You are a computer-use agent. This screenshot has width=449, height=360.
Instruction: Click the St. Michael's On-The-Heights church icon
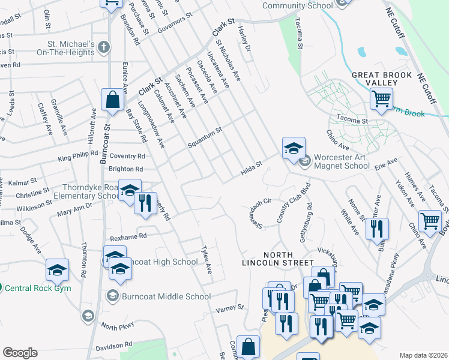pyautogui.click(x=104, y=47)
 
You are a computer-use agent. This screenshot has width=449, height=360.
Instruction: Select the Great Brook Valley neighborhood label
pyautogui.click(x=382, y=79)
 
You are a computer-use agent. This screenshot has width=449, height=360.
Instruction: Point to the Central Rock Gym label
pyautogui.click(x=38, y=288)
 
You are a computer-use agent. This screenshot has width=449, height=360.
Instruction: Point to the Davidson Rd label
pyautogui.click(x=113, y=346)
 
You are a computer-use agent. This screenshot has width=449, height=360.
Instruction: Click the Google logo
pyautogui.click(x=20, y=353)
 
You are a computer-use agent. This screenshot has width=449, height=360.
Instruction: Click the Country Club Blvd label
pyautogui.click(x=288, y=203)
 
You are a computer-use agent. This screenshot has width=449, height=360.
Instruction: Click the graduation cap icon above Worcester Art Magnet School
pyautogui.click(x=294, y=148)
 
